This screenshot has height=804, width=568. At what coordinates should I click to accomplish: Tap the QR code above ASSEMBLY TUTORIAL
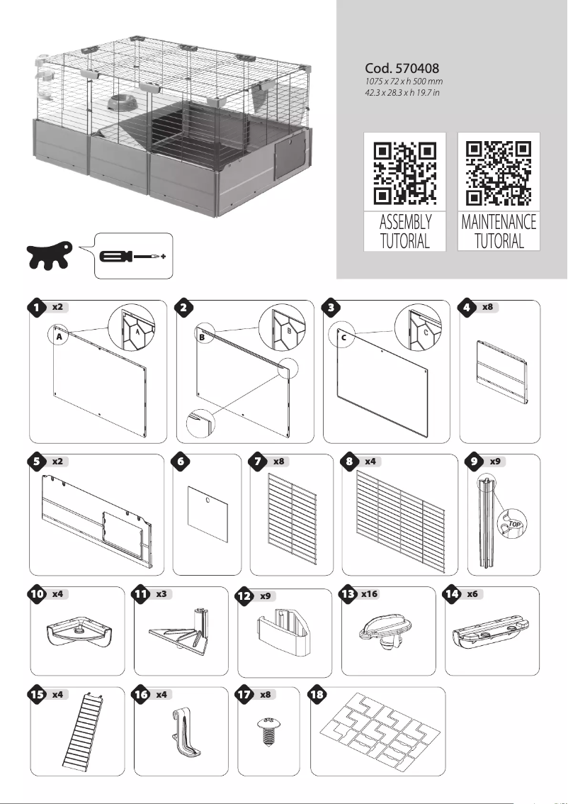click(x=404, y=173)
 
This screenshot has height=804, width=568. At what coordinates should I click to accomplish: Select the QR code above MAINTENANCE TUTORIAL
click(x=499, y=173)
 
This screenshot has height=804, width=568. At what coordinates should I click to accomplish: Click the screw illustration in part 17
click(x=268, y=733)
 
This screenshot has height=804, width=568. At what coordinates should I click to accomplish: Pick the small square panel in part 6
click(x=207, y=513)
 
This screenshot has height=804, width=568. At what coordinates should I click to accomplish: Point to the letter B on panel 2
click(x=202, y=338)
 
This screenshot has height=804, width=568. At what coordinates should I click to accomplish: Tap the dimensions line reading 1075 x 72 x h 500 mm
click(x=403, y=84)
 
